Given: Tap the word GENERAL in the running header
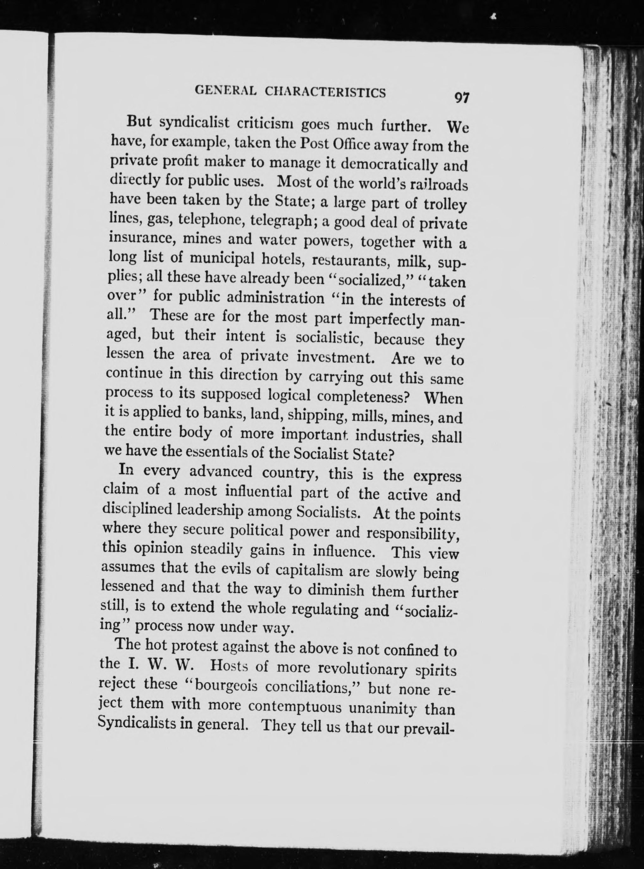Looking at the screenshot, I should pyautogui.click(x=225, y=91).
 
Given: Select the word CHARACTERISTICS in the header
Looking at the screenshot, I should pyautogui.click(x=325, y=92).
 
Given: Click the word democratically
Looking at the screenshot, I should pyautogui.click(x=390, y=164).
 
